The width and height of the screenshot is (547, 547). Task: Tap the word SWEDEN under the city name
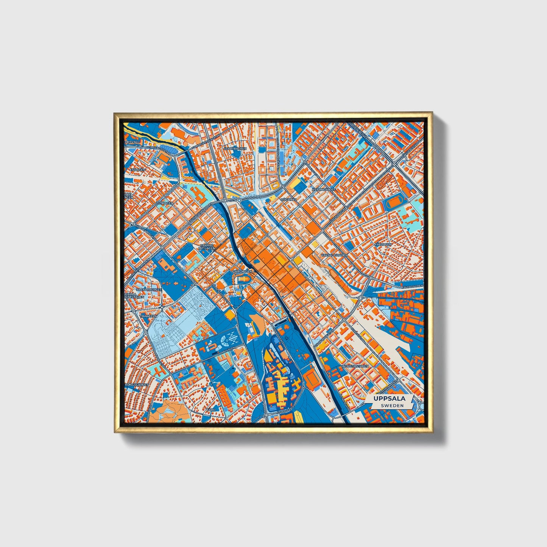[x=392, y=405]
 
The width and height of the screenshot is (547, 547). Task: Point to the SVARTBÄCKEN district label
[x=235, y=149]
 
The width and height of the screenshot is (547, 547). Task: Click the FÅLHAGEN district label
[x=383, y=245]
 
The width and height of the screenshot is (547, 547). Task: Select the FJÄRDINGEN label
[x=242, y=271]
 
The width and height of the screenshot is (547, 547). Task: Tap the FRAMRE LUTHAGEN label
[x=207, y=246]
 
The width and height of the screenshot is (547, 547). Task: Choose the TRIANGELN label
[x=148, y=316]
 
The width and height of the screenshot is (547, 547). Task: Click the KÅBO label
[x=211, y=410]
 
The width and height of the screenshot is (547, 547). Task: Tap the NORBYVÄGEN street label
[x=226, y=352]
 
